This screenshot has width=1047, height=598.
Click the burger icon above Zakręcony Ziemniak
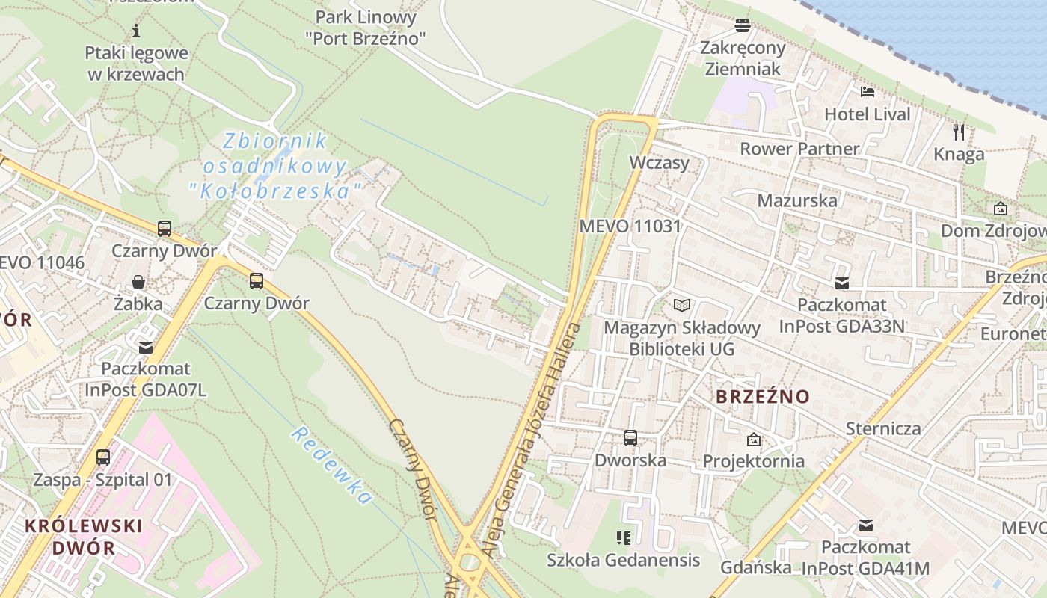pos(743,25)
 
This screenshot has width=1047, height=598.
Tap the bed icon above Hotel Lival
pos(868,92)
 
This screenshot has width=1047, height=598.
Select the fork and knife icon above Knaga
pos(959,132)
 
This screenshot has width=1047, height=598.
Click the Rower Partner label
pos(799,149)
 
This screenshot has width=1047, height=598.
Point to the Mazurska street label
pos(797,200)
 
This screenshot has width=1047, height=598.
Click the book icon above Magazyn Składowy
pos(681,305)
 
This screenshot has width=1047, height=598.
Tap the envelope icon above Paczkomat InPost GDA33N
pos(842,283)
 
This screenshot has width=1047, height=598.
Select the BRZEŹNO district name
pos(763,396)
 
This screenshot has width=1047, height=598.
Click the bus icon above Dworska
pos(630,437)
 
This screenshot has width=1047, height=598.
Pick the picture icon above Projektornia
pos(753,440)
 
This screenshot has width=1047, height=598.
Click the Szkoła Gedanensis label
pos(623,560)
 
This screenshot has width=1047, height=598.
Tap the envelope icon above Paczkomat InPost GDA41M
pos(866,525)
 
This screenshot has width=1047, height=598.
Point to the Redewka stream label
pos(331,465)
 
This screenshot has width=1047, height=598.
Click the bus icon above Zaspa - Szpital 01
pos(103,457)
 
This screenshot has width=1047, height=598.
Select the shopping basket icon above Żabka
pos(138,282)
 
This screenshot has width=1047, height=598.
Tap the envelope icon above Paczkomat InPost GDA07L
pos(146,347)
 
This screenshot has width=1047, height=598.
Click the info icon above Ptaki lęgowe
pos(136,31)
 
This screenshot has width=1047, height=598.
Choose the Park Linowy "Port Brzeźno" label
pos(366,27)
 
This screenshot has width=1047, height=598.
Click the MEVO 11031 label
pos(630,226)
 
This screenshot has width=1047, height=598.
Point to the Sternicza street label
pos(883,428)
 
